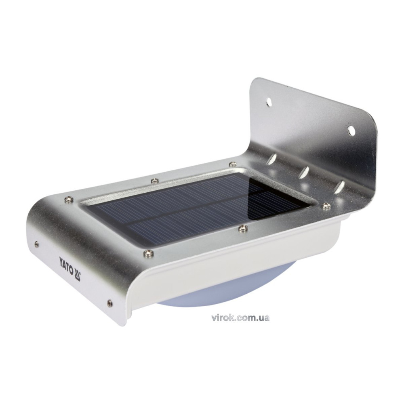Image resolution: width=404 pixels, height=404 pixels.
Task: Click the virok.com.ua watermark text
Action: tap(240, 318)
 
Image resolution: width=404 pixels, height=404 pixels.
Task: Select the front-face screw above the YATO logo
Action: tap(37, 244)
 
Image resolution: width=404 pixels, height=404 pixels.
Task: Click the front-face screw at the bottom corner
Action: tap(110, 303)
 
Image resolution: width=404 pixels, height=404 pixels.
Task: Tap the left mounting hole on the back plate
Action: tap(269, 102)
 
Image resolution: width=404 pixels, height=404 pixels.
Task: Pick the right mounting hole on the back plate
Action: tap(351, 130)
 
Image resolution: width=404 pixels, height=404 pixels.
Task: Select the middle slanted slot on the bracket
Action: tap(303, 172)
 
